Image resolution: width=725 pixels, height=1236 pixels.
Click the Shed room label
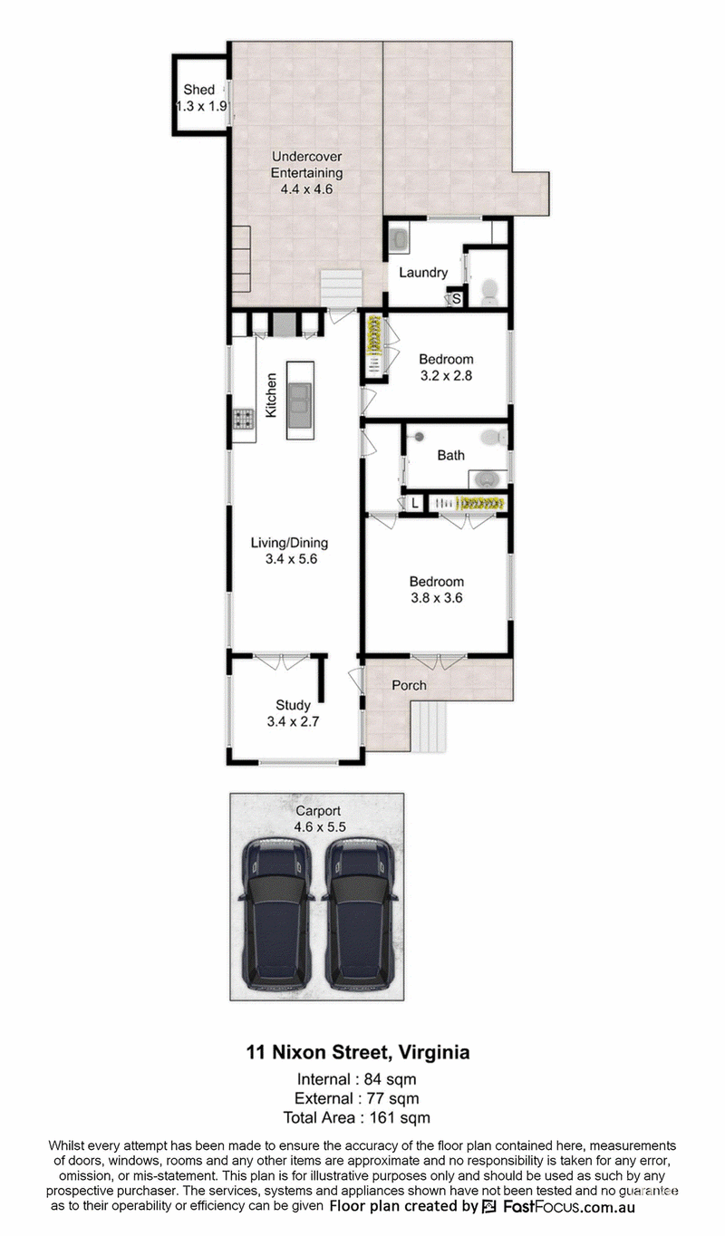point(199,90)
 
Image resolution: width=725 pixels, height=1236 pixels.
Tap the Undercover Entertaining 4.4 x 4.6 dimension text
point(307,188)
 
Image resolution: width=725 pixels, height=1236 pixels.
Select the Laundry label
point(423,273)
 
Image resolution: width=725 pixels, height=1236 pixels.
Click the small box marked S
point(457,299)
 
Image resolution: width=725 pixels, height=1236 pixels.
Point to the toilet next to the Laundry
point(488,292)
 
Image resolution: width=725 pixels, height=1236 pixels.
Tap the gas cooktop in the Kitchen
point(243,420)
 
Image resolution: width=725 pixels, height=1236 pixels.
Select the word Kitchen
point(271,395)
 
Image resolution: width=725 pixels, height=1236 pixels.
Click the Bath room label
point(450,455)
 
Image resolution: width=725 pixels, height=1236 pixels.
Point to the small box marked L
point(414,503)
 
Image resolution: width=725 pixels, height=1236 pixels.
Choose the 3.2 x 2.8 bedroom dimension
point(446,376)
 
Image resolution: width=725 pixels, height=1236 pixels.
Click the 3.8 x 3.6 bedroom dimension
point(437,597)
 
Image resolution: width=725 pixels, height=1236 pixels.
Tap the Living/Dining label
point(290,543)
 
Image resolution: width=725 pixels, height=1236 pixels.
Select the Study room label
point(293,705)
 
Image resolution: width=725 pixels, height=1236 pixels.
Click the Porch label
point(409,685)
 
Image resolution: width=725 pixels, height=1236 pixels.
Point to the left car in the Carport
point(275,914)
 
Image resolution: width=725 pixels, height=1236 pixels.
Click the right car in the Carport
point(359,914)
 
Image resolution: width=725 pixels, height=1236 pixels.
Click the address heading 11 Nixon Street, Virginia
point(358,1052)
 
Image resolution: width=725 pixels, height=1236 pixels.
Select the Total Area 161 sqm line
point(356,1118)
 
